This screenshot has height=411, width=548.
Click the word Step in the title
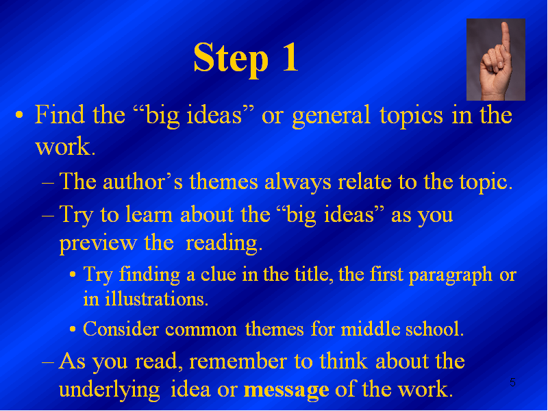231,59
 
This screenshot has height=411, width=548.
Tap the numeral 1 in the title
290,57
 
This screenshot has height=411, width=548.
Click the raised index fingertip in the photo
505,27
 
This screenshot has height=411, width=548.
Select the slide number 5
512,382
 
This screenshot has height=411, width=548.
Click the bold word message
286,390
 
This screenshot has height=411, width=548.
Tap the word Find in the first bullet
60,114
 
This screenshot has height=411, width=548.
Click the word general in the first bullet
332,116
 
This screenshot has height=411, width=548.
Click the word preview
98,243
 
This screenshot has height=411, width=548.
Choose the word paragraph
451,275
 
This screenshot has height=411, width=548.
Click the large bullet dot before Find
20,115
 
